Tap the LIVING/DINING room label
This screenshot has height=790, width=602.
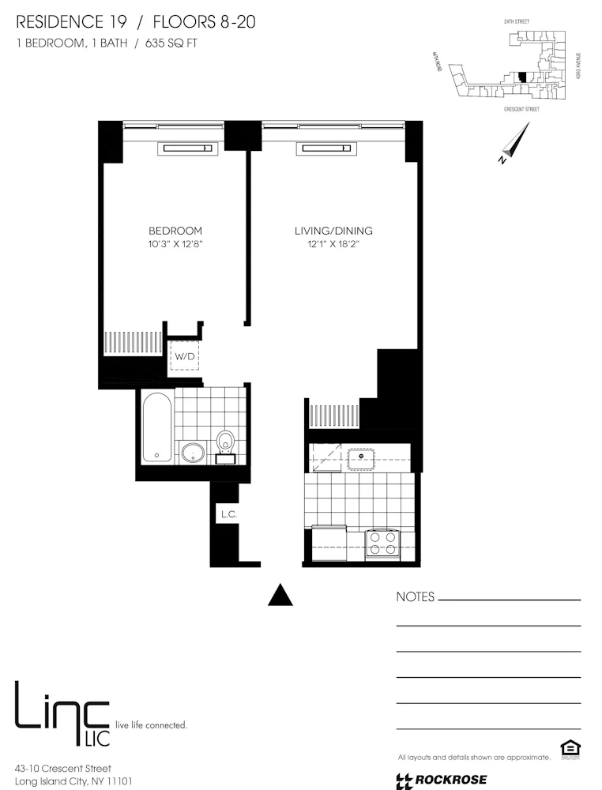tap(333, 231)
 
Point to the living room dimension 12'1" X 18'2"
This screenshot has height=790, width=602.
tap(333, 245)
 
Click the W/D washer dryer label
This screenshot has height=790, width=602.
tap(185, 356)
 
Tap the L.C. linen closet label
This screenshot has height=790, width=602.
tap(229, 514)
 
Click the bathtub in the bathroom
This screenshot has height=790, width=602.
tap(156, 427)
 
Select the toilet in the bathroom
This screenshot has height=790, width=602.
tap(225, 445)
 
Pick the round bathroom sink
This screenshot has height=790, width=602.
tap(192, 453)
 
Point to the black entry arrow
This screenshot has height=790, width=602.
tap(280, 595)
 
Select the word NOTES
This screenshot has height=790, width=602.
tap(415, 597)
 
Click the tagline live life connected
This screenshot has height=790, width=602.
tap(152, 724)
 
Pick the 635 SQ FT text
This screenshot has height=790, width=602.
tap(170, 43)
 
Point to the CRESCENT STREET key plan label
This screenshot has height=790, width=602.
tap(521, 110)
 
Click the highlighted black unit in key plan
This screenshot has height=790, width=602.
tap(521, 77)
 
